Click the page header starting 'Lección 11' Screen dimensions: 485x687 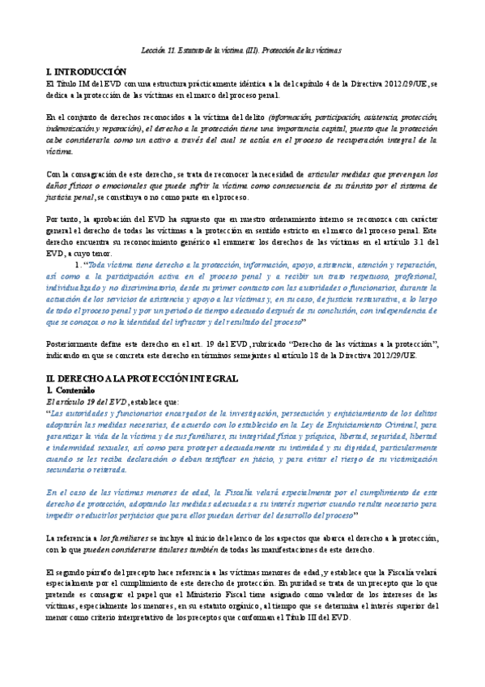(242, 50)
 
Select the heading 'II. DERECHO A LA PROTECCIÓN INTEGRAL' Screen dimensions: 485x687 (142, 378)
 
